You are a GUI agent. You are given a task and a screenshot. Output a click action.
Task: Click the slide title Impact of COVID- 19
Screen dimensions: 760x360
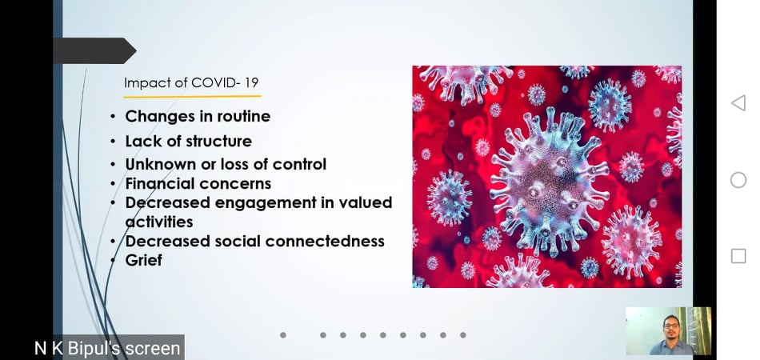(x=191, y=83)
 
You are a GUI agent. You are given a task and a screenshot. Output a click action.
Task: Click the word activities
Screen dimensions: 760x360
(x=159, y=222)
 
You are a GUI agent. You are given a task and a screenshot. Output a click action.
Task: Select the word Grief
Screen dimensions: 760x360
(x=143, y=260)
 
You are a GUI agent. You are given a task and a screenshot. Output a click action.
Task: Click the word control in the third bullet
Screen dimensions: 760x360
(x=299, y=164)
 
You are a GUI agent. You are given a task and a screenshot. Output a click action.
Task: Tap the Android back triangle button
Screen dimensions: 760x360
(x=738, y=102)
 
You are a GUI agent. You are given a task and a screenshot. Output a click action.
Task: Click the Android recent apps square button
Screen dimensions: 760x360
(x=738, y=256)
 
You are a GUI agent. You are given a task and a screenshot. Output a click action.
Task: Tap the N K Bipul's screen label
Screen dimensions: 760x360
(x=107, y=348)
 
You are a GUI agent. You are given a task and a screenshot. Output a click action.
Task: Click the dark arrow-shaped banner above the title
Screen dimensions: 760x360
(x=94, y=51)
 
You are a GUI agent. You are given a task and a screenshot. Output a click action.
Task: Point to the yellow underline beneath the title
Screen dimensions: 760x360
(x=192, y=97)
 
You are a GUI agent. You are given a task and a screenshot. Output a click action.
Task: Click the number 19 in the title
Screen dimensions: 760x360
(x=251, y=83)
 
